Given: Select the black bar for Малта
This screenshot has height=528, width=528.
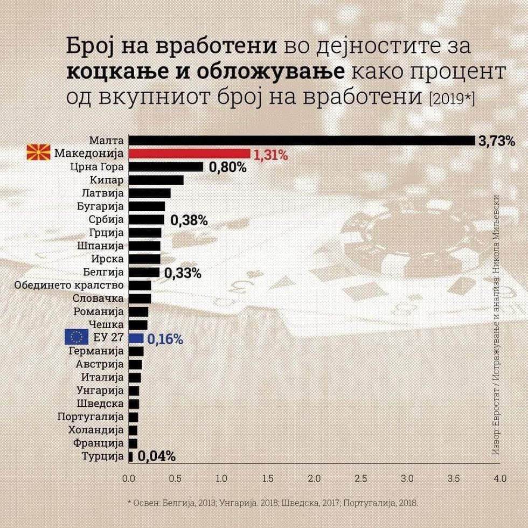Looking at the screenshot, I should click(302, 141).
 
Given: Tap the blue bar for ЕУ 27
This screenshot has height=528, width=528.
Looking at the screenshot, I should click(136, 338).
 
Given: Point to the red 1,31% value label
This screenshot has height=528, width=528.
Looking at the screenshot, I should click(271, 155).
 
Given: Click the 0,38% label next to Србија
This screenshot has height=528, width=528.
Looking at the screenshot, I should click(189, 220).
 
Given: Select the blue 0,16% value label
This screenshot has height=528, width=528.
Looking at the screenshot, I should click(165, 339).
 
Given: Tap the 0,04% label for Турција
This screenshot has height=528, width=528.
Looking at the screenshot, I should click(157, 457).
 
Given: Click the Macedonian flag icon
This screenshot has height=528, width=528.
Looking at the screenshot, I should click(38, 153).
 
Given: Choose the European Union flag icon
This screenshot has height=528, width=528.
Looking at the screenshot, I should click(76, 337).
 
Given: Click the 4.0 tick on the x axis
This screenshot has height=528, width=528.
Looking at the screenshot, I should click(500, 478).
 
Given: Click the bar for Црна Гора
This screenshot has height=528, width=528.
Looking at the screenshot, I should click(165, 167).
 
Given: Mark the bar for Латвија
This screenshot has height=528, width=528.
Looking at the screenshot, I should click(149, 193).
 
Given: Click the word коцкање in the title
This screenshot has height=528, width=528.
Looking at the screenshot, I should click(108, 72).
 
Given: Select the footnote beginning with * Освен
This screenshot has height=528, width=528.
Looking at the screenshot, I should click(273, 502).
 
